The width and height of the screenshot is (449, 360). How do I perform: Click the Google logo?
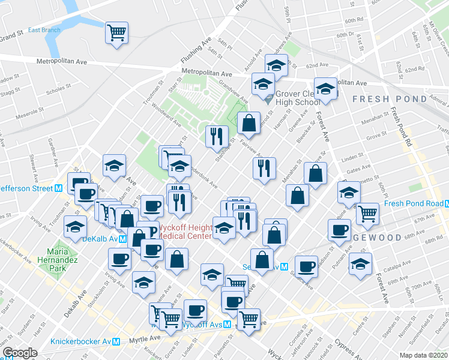tap(20, 353)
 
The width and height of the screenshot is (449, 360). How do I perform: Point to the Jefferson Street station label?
tap(25, 187)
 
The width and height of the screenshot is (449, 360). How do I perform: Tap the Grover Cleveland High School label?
tap(298, 98)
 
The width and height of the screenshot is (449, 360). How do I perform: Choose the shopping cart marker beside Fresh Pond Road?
tap(367, 212)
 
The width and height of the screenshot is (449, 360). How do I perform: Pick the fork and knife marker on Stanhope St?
tap(217, 136)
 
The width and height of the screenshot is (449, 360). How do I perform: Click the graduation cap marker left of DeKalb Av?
tap(75, 228)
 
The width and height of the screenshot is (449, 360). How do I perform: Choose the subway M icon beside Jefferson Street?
tap(59, 187)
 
